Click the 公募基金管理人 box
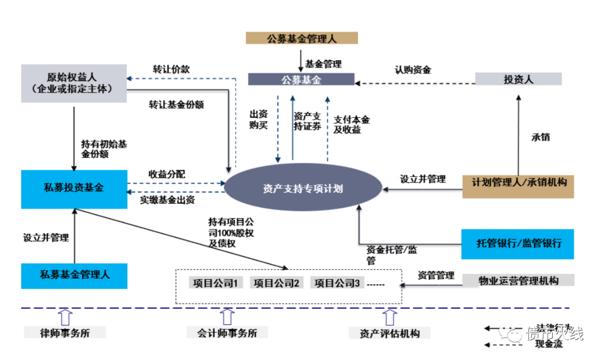301,39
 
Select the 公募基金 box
301,80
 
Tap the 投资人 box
518,79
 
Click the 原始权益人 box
73,83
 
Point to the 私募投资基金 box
73,188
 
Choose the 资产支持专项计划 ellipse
302,189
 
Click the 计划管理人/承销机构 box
518,183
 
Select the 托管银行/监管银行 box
518,243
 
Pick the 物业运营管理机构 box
518,280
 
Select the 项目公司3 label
336,284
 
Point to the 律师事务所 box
65,333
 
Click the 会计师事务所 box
227,333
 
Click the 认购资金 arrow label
413,70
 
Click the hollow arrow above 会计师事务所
227,316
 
